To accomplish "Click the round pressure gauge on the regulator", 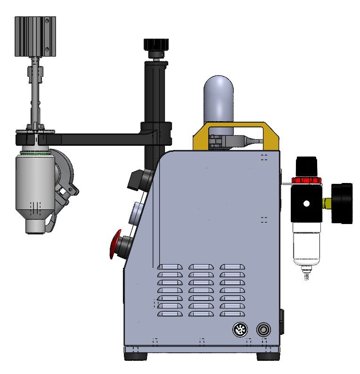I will point(343,203).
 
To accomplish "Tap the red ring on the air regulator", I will point(304,180).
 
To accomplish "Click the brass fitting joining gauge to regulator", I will point(326,203).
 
